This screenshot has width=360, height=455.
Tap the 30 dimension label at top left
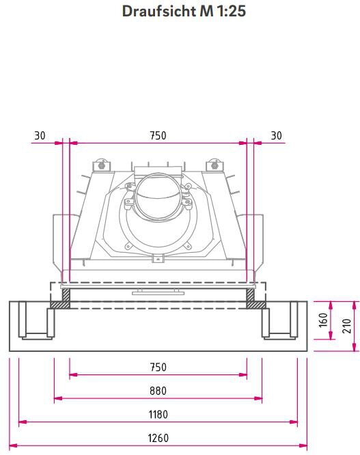(40, 135)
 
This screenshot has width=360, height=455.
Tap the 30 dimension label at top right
(276, 135)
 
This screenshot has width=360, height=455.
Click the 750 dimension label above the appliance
(158, 135)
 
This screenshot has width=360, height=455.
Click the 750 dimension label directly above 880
(158, 368)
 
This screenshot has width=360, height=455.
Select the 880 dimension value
(158, 391)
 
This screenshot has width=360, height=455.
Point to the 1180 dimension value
(158, 415)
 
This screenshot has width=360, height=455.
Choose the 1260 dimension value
(158, 439)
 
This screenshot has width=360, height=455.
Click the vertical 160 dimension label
(323, 320)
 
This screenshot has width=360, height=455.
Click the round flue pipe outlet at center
(158, 196)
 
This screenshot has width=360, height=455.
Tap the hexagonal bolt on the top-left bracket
(102, 165)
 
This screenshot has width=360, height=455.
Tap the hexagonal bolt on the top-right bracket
(215, 165)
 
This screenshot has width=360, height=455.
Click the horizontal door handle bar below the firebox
(158, 290)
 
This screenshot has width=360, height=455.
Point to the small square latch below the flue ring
(158, 258)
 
